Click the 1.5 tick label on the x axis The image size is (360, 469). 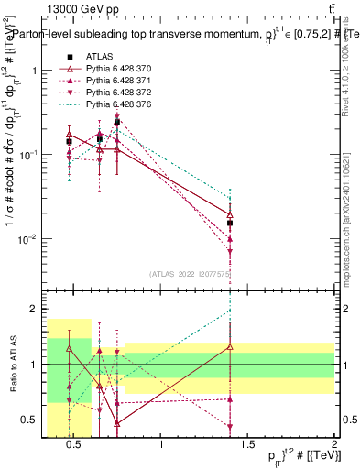tap(248, 446)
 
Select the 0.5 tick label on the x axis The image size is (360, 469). tap(75, 446)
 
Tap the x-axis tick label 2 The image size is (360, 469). tap(334, 446)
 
